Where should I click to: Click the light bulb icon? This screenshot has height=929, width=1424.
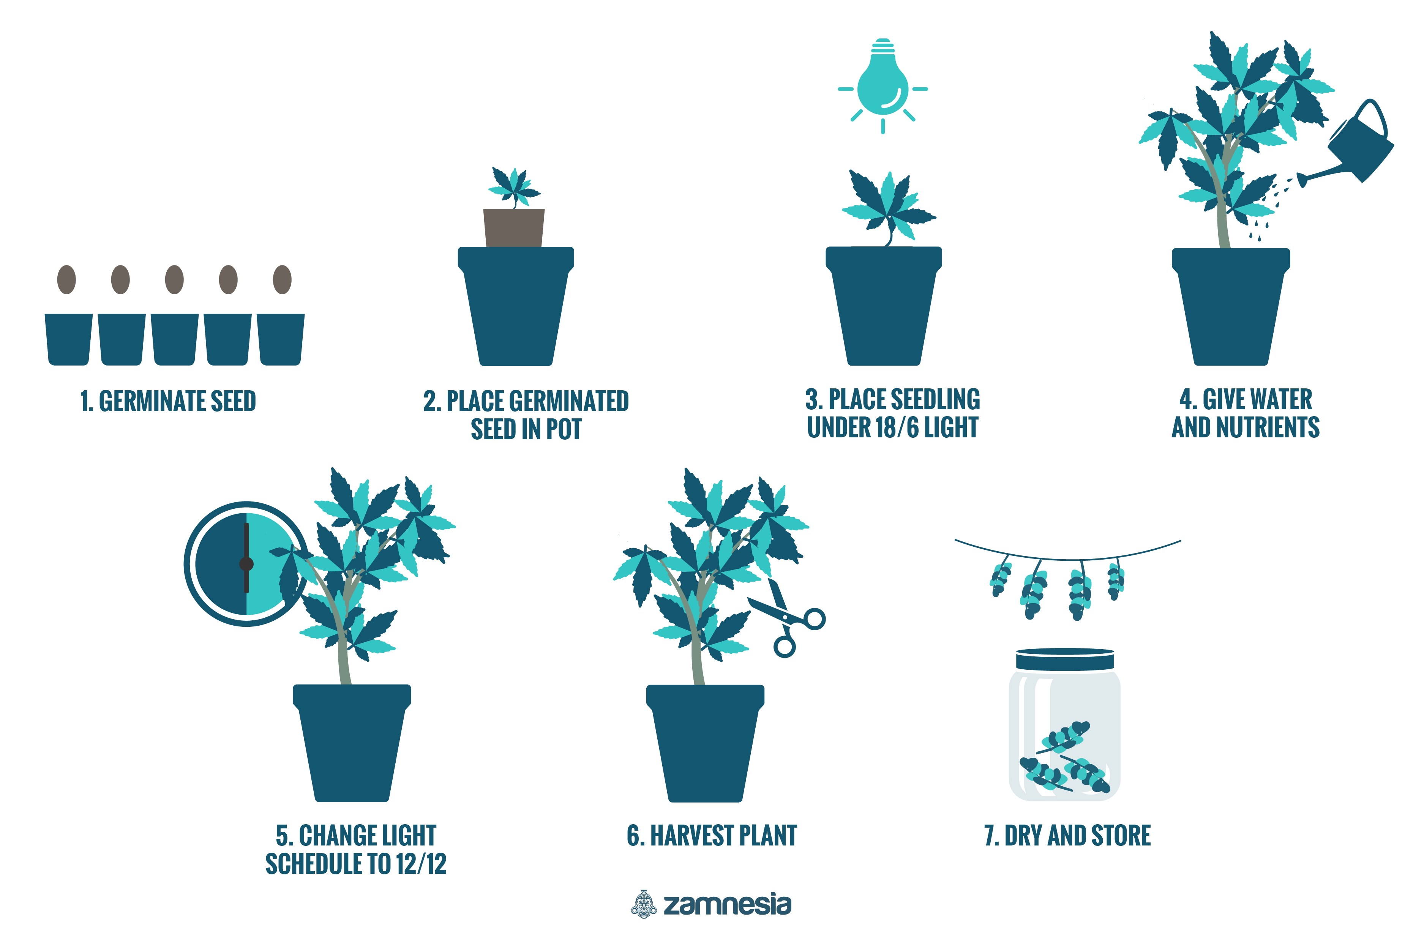coord(883,84)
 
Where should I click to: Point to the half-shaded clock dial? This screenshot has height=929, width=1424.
coord(246,563)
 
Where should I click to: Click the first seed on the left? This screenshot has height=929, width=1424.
coord(66,279)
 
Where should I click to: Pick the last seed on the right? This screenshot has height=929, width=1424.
coord(282,279)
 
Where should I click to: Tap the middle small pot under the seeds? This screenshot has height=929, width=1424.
coord(174,339)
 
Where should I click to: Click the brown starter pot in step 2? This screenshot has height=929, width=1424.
coord(514,227)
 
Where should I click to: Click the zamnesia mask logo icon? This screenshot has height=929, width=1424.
coord(643,904)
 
